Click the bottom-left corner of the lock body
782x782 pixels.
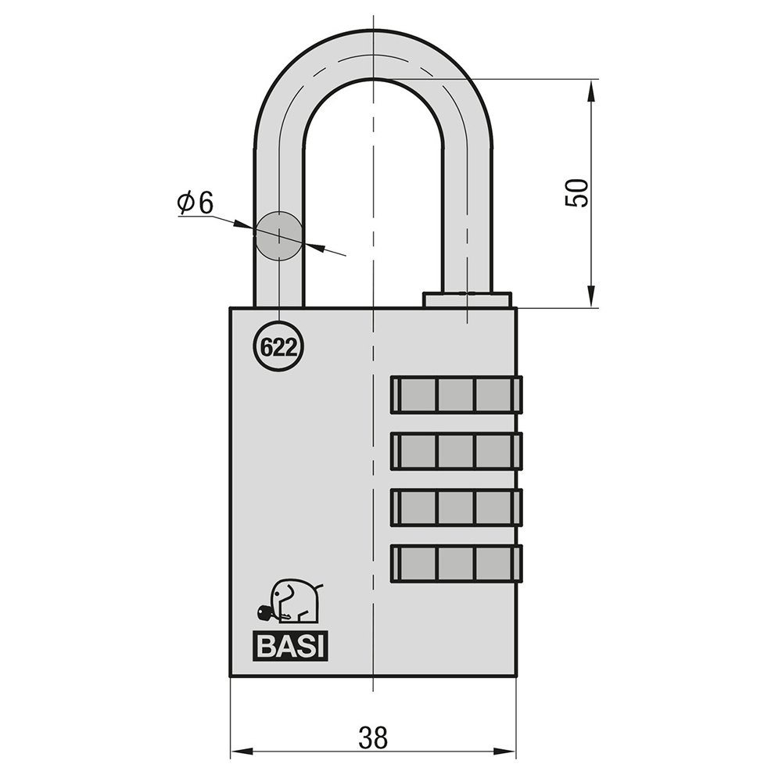point(230,676)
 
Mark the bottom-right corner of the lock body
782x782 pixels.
point(517,676)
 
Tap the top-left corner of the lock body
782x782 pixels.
point(230,307)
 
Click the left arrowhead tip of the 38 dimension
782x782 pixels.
point(231,751)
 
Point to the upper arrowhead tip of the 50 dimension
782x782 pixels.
point(591,80)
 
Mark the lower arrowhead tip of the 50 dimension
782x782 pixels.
point(591,307)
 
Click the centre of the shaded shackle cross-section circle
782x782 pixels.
point(279,235)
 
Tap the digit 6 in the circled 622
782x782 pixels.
point(267,347)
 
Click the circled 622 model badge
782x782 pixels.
point(279,346)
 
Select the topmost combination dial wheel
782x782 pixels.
point(457,394)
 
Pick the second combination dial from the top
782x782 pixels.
point(457,451)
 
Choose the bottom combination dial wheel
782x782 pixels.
point(457,564)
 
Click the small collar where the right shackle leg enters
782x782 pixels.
point(468,300)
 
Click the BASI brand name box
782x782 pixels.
point(291,647)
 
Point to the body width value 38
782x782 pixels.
point(372,738)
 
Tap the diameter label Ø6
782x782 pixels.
point(195,203)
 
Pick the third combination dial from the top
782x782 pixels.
point(457,508)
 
